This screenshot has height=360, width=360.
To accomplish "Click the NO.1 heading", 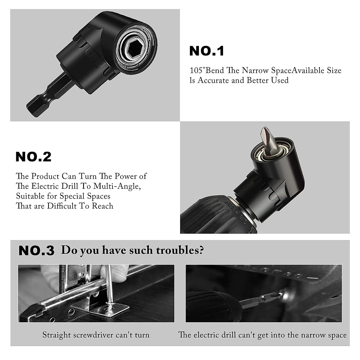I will pos(207,51).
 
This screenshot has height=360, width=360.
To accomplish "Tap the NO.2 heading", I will pos(33,157).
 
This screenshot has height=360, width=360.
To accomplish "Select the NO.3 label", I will pos(36,251).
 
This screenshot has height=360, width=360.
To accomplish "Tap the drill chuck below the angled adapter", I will pos(216,213).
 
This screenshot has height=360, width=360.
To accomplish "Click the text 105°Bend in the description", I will pos(206,71).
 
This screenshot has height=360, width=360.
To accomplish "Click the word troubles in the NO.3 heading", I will pos(175,250).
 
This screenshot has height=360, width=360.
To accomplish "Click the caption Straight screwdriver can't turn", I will pos(96,335).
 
